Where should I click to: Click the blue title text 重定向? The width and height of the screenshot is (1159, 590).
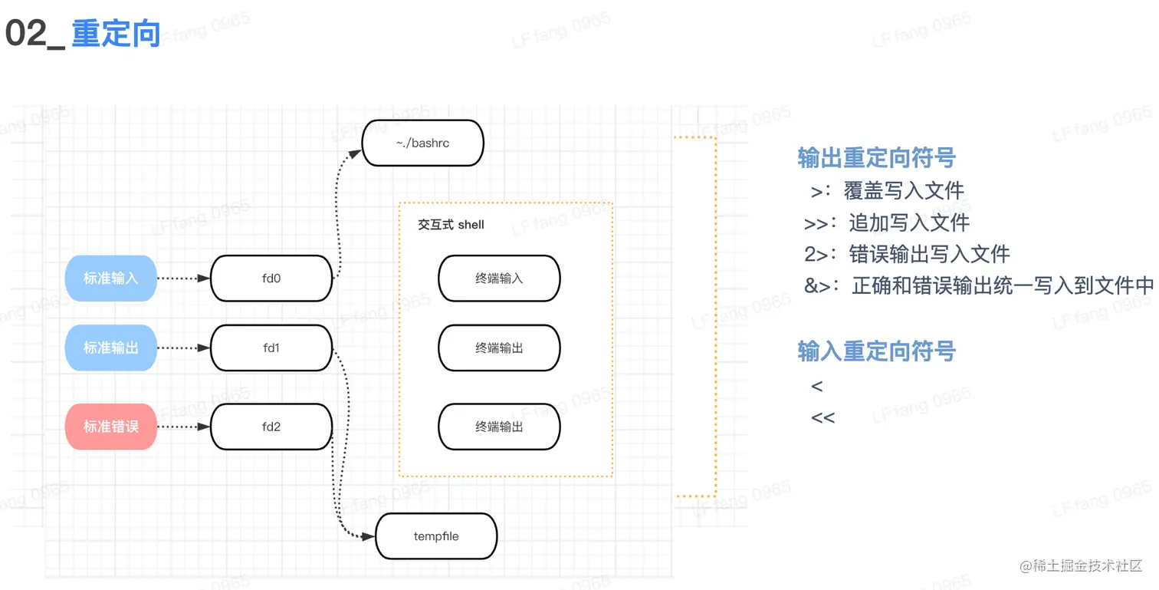click(x=116, y=34)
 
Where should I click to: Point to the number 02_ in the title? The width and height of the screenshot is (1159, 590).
click(x=35, y=35)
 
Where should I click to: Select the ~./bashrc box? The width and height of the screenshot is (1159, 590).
click(x=422, y=143)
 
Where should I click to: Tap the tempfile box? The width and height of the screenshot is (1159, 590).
click(x=436, y=536)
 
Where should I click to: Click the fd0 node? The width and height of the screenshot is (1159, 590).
click(x=271, y=279)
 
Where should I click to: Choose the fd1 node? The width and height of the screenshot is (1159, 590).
click(x=271, y=348)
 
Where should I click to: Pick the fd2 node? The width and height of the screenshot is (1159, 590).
click(x=271, y=427)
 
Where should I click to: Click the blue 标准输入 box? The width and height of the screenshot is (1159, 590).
click(x=111, y=279)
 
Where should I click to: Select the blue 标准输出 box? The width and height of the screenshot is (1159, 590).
click(x=111, y=348)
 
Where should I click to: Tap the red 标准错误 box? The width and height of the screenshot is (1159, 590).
click(x=111, y=427)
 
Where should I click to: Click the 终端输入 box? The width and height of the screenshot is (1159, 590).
click(x=499, y=279)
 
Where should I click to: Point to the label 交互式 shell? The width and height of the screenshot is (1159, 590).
click(x=451, y=225)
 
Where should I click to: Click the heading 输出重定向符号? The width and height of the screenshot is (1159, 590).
click(x=876, y=158)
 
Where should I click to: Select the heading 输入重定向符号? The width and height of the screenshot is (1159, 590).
click(x=876, y=351)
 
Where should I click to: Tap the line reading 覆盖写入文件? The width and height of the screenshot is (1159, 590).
click(x=903, y=190)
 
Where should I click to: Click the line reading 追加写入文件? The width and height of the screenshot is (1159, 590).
click(x=909, y=222)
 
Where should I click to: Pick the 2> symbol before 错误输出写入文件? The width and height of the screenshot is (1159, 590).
click(x=818, y=254)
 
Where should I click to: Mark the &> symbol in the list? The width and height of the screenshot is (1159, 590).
click(x=818, y=286)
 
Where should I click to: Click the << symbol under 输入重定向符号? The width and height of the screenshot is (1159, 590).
click(x=822, y=418)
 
